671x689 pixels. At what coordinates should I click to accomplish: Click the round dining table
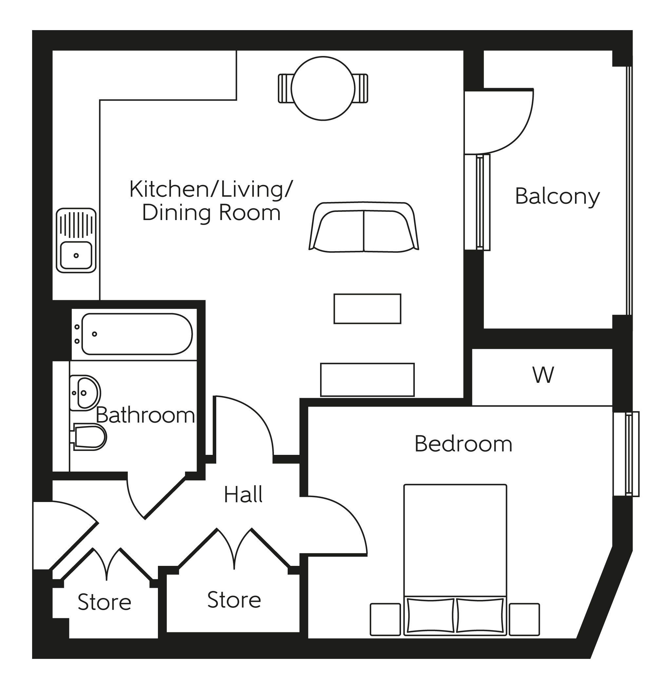[x=323, y=88]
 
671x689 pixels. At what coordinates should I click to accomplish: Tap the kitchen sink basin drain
[x=76, y=255]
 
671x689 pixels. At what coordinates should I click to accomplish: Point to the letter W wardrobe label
[x=543, y=375]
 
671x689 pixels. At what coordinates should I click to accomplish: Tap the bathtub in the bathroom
[x=137, y=334]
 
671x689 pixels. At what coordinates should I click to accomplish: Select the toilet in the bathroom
[x=90, y=437]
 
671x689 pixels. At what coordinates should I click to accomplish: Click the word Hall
[x=243, y=494]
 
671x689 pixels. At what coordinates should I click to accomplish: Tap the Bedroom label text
[x=463, y=444]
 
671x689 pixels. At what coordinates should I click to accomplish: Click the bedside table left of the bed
[x=385, y=619]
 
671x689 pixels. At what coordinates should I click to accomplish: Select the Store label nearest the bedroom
[x=234, y=600]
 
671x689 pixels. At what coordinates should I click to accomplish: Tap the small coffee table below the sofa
[x=367, y=308]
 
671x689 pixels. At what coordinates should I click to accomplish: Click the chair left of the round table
[x=285, y=88]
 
